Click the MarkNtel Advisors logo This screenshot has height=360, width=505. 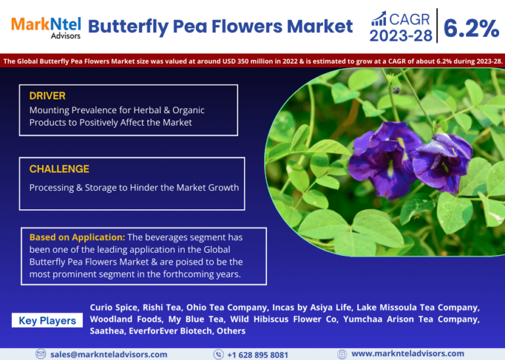[x=46, y=28]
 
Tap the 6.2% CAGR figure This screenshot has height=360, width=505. [x=471, y=28]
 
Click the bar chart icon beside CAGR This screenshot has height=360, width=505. [x=379, y=18]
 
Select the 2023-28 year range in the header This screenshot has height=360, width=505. [x=400, y=36]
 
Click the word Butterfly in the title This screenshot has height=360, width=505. [x=128, y=27]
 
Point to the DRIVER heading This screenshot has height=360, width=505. [x=47, y=95]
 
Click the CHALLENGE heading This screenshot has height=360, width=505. [x=59, y=169]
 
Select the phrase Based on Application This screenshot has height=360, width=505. [x=77, y=237]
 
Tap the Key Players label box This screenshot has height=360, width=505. [x=47, y=321]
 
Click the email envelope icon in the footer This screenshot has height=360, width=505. [x=41, y=354]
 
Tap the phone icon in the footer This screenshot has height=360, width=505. [x=218, y=355]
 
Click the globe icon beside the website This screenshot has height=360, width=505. [x=342, y=354]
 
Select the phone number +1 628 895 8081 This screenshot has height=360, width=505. [x=258, y=355]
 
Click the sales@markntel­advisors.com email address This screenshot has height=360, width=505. [x=109, y=355]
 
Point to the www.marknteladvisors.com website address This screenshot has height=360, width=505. [x=408, y=353]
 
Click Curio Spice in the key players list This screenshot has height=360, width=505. [x=114, y=307]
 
